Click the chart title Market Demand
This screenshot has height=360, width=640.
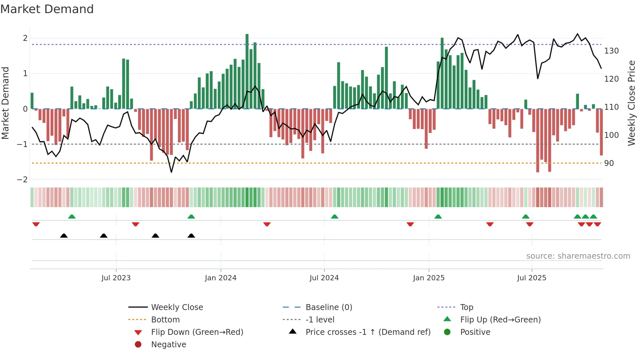pyautogui.click(x=47, y=9)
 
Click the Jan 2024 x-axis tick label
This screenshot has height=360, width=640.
pyautogui.click(x=220, y=278)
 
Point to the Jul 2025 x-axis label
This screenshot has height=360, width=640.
pyautogui.click(x=531, y=278)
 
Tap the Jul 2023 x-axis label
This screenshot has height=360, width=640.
pyautogui.click(x=116, y=278)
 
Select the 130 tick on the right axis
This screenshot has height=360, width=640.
pyautogui.click(x=611, y=51)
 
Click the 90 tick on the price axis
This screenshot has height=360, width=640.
pyautogui.click(x=609, y=163)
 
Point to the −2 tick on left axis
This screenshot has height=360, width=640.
pyautogui.click(x=22, y=180)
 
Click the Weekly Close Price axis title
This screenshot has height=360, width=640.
pyautogui.click(x=632, y=103)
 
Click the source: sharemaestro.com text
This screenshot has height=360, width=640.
pyautogui.click(x=578, y=256)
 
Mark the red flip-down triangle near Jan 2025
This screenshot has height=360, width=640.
pyautogui.click(x=410, y=224)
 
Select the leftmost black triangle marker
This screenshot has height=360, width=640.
pyautogui.click(x=64, y=236)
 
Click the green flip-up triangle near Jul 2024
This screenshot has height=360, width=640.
pyautogui.click(x=334, y=217)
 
